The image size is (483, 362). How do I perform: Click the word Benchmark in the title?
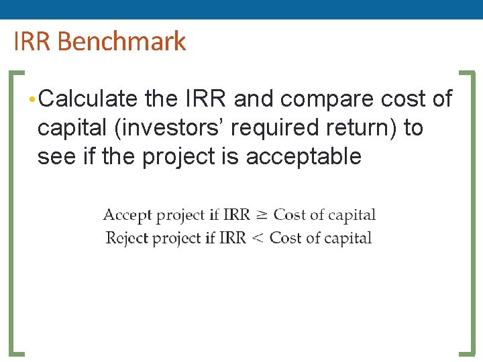click(121, 42)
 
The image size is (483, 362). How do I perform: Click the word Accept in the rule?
click(127, 215)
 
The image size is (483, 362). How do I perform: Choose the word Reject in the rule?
click(127, 238)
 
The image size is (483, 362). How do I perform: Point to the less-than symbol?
click(258, 239)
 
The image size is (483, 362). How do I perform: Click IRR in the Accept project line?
click(236, 215)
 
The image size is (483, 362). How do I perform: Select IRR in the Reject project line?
click(233, 238)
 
